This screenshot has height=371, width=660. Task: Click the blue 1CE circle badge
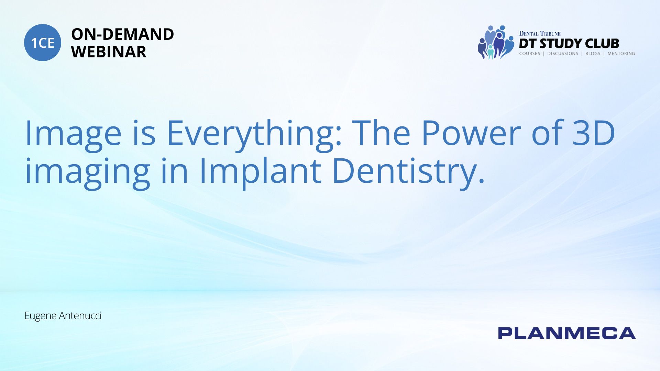tap(43, 43)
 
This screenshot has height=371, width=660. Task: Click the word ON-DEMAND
tap(122, 34)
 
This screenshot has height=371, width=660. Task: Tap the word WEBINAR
tap(109, 52)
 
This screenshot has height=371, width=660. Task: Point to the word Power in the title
tap(471, 133)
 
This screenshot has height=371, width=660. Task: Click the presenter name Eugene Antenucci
tap(63, 316)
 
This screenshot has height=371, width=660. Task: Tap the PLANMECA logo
tap(567, 333)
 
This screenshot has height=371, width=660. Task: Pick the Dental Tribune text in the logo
tap(540, 34)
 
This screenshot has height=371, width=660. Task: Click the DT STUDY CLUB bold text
tap(569, 44)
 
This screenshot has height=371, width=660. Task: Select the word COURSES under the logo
tap(530, 54)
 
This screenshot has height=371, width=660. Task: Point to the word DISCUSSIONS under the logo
tap(563, 54)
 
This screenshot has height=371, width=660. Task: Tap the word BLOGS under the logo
tap(593, 54)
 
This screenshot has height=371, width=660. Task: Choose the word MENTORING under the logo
tap(621, 54)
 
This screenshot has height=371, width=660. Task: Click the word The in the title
tap(381, 133)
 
